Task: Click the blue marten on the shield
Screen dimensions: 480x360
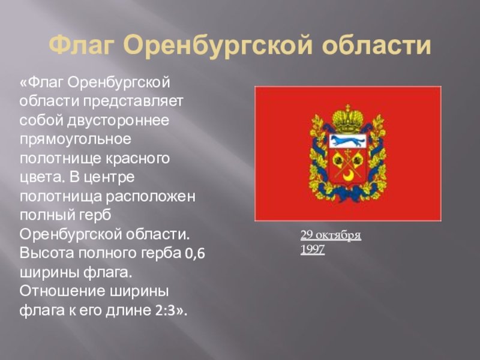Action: click(348, 141)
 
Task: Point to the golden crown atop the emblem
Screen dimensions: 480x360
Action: click(348, 119)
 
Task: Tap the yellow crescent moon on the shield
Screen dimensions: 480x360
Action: click(348, 176)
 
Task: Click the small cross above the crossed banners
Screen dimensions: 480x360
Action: click(348, 152)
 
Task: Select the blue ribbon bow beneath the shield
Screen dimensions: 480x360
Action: click(348, 193)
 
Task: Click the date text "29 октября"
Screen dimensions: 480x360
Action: click(331, 236)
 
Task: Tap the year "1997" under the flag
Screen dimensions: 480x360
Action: click(312, 250)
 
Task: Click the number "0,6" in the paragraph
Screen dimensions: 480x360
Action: click(194, 254)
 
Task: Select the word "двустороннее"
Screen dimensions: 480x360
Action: click(118, 121)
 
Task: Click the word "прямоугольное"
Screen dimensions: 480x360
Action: click(76, 140)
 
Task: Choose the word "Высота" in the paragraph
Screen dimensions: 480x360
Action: click(47, 253)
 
